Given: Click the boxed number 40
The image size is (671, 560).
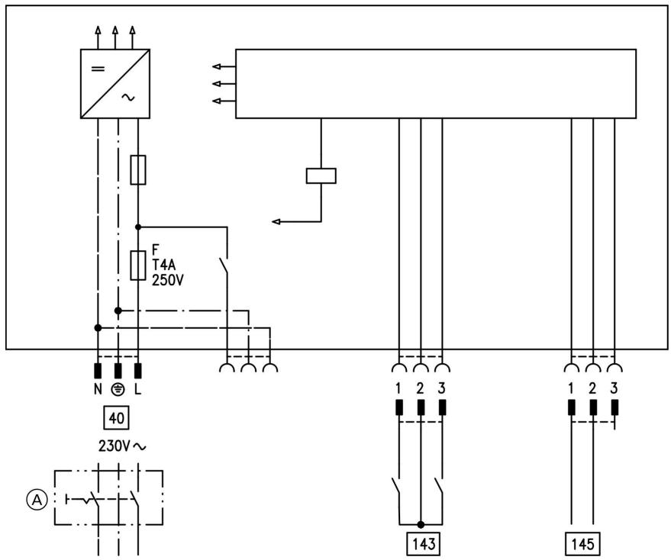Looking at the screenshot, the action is [116, 417].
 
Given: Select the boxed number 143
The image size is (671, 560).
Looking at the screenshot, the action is [424, 544].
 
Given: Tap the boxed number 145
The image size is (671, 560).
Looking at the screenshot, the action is [583, 544].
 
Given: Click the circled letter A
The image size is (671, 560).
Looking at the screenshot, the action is [37, 499].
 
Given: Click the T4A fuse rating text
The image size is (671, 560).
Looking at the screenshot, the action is [164, 265].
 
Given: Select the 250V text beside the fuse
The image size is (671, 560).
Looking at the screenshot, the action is [168, 280].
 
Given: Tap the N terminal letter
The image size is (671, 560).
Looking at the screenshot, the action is [98, 389].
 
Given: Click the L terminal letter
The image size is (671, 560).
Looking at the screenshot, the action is [138, 389].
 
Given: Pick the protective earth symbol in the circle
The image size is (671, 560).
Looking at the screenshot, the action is [118, 389].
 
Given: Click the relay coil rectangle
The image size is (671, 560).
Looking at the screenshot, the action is [321, 175].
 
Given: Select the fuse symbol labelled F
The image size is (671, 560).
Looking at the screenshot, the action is [138, 266].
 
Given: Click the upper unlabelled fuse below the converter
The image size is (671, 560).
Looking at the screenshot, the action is [138, 170].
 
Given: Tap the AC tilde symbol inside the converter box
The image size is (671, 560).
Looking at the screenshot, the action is [128, 98].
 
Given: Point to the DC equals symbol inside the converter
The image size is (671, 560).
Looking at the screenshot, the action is [98, 69].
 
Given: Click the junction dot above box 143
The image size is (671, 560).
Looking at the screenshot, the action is [421, 524].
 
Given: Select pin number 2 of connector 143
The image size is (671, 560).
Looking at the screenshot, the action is [420, 388].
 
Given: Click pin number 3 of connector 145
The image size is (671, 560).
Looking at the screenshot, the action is [614, 388].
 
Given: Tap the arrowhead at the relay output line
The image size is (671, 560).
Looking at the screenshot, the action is [276, 221].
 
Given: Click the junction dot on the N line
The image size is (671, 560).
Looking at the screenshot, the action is [98, 328].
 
